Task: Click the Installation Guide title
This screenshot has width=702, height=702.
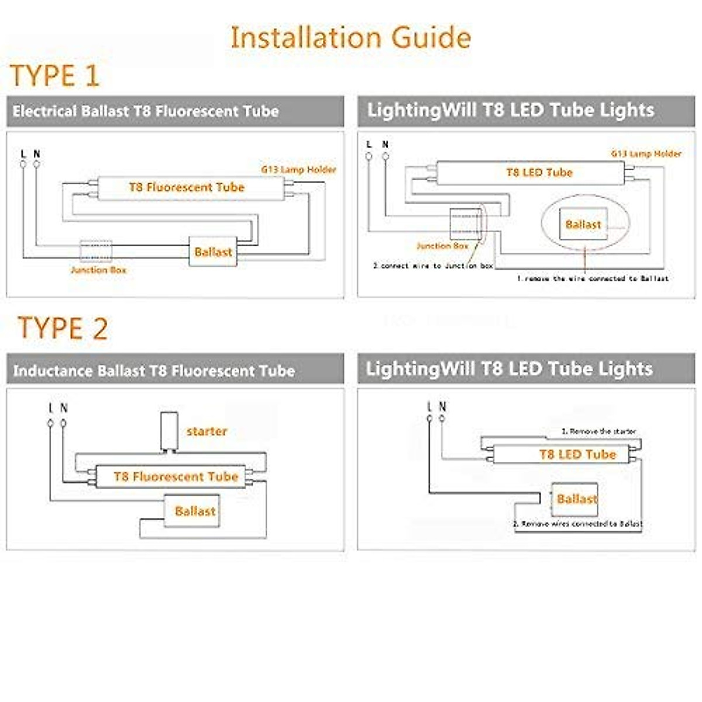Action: (x=350, y=37)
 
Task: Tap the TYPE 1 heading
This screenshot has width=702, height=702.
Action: (x=55, y=76)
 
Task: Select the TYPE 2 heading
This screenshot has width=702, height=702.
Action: (x=63, y=328)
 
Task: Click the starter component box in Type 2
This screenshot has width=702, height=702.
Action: (x=169, y=432)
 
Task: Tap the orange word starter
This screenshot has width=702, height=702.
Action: (x=207, y=432)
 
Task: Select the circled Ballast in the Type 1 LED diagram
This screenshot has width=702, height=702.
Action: (x=583, y=225)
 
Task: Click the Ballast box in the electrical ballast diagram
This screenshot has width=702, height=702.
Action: (x=213, y=252)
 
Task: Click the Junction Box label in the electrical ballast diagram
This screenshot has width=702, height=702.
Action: (x=98, y=270)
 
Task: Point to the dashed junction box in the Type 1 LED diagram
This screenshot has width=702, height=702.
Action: (x=465, y=223)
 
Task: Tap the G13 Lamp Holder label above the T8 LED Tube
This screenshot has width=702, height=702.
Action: (x=646, y=154)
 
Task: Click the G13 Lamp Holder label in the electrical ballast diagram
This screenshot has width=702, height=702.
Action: (x=298, y=170)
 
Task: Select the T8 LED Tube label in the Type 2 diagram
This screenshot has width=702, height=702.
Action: (x=577, y=455)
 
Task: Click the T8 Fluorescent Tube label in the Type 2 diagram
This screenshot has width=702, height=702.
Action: (x=176, y=477)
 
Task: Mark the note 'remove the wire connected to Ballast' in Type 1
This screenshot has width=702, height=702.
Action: (x=592, y=278)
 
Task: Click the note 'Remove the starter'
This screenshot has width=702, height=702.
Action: (x=598, y=431)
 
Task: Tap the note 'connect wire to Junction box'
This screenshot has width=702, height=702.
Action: (x=433, y=266)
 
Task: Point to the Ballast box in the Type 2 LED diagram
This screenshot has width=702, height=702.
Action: (x=576, y=498)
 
